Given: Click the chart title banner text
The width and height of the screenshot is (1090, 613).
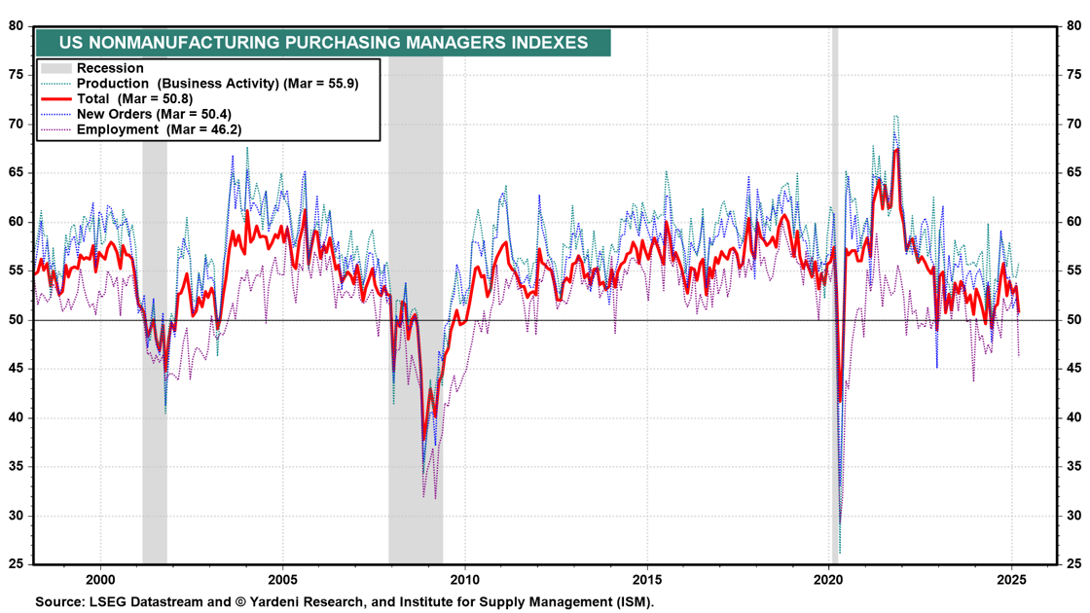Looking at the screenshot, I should pyautogui.click(x=323, y=43).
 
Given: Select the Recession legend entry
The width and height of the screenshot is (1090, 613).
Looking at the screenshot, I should pyautogui.click(x=110, y=68).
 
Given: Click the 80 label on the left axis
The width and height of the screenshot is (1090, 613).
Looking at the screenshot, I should pyautogui.click(x=17, y=26).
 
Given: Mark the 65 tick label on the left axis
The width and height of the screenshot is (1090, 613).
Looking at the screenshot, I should pyautogui.click(x=17, y=173).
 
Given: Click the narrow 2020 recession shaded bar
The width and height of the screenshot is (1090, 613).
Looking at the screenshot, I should pyautogui.click(x=835, y=292).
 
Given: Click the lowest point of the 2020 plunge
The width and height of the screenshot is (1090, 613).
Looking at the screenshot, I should pyautogui.click(x=839, y=553).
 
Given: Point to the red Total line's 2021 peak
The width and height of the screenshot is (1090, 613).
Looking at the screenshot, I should pyautogui.click(x=896, y=149).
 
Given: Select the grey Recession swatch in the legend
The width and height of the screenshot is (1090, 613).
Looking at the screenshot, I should pyautogui.click(x=56, y=68).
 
